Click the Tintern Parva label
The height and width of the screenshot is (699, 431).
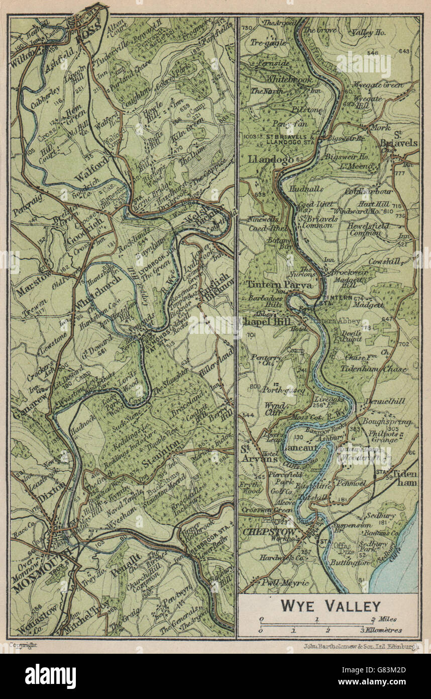click(x=279, y=284)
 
